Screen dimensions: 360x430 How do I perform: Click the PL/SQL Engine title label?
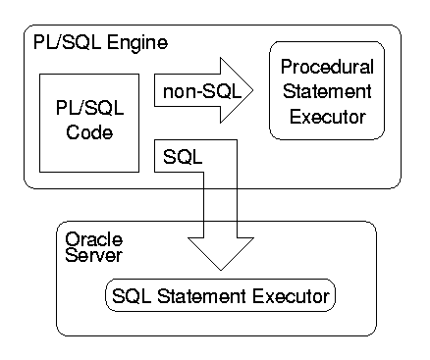coord(99,45)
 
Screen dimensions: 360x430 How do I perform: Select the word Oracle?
coord(87,238)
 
